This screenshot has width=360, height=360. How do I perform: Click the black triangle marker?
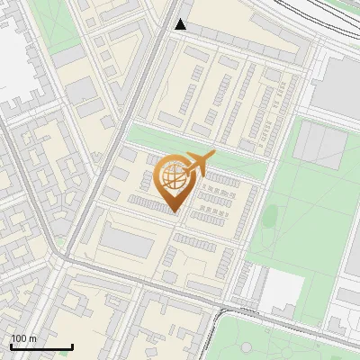[181, 24]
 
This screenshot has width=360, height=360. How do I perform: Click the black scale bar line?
[41, 346]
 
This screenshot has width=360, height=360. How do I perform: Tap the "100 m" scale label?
[24, 338]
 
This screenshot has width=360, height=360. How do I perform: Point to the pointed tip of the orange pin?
[173, 212]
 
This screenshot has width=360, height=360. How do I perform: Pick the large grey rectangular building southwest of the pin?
[126, 241]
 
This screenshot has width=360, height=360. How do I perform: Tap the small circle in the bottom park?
[248, 347]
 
